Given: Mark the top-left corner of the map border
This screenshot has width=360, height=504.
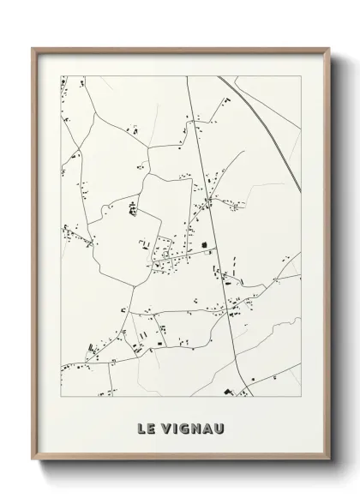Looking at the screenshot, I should tap(60, 76).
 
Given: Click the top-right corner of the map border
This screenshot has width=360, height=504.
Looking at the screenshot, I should tap(301, 76).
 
